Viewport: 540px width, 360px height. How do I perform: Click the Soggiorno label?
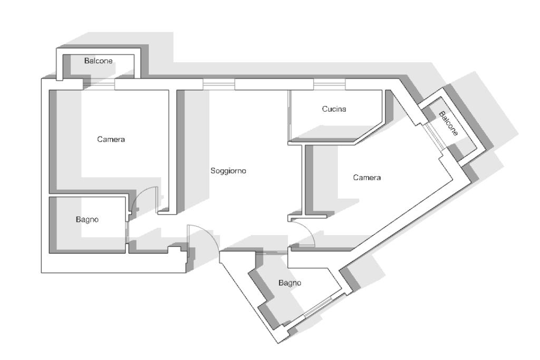tap(228, 171)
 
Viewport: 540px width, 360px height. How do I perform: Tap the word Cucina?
tap(334, 109)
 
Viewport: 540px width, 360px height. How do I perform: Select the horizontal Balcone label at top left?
tap(99, 61)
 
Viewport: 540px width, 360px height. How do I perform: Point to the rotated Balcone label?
tap(448, 123)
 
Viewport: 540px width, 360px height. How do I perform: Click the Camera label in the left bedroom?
tap(111, 139)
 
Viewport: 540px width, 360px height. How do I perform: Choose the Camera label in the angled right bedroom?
tap(367, 178)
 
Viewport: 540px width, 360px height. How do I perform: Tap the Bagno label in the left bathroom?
tap(87, 220)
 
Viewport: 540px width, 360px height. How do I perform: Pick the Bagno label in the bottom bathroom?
tap(290, 283)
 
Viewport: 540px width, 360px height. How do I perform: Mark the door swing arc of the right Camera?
tap(307, 229)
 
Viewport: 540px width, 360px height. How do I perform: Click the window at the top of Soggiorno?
tap(219, 84)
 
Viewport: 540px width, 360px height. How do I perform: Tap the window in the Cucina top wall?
tap(330, 84)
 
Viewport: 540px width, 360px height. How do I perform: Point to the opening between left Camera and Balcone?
tap(99, 84)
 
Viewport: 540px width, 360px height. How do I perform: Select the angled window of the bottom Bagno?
tap(322, 305)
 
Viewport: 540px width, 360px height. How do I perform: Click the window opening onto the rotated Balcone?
tap(435, 137)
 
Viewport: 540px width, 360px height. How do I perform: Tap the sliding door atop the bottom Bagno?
tap(272, 253)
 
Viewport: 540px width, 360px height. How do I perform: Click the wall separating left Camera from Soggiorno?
tap(172, 151)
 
